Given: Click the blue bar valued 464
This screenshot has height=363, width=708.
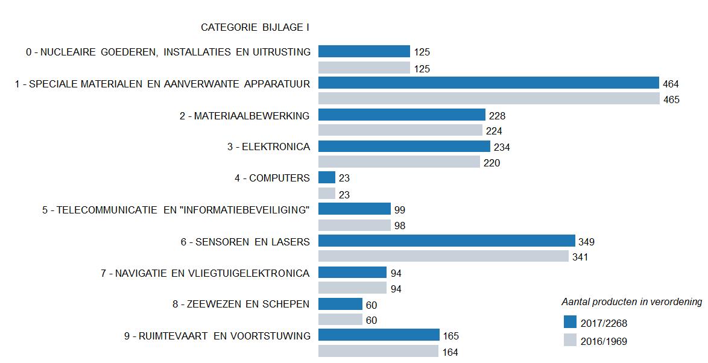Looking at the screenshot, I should point(488,83).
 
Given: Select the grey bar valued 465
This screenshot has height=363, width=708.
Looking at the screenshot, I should point(489,99).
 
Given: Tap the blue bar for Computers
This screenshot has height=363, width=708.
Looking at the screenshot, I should point(327,177).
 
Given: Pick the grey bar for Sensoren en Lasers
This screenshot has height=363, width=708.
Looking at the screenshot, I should point(443,257).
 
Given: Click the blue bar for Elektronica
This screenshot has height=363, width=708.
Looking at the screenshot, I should point(404,147).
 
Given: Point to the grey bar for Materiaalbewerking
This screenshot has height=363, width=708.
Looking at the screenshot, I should point(400,130).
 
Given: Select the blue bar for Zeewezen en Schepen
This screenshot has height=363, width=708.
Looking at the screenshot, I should point(340,305).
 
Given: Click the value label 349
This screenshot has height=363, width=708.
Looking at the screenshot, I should point(586,242).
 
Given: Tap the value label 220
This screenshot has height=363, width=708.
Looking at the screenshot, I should point(491,163).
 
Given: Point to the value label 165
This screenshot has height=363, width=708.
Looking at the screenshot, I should point(450,336).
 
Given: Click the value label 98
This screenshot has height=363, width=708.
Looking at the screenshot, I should point(399,226).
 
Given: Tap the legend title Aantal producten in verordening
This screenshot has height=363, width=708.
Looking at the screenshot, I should point(631,301).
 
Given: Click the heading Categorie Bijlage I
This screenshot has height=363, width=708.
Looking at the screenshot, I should point(255,27).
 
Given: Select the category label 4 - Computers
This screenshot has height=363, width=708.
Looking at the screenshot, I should point(272,178).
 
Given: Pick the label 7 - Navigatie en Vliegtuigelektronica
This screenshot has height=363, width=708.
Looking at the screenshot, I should point(205,273).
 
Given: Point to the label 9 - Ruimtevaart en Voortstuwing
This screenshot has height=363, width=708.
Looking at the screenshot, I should point(217,336).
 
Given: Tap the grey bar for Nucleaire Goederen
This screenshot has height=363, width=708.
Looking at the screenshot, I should point(364,68).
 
